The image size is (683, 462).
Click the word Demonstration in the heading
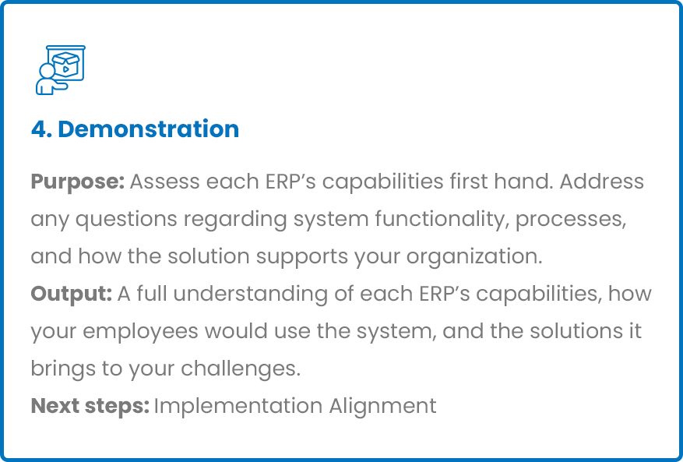(149, 129)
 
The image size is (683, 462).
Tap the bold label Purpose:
(78, 182)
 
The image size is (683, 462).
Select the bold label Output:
(72, 294)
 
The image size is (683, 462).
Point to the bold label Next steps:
(90, 406)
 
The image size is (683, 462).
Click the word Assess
(165, 182)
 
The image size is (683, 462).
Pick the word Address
(601, 182)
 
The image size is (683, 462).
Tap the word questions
(126, 219)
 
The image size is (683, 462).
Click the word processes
(571, 220)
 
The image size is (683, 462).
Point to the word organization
(474, 257)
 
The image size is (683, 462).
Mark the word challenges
(241, 369)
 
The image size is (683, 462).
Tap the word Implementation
(238, 407)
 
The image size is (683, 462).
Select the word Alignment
(382, 407)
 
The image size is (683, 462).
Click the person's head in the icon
(47, 70)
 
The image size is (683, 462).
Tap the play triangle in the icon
(65, 69)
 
